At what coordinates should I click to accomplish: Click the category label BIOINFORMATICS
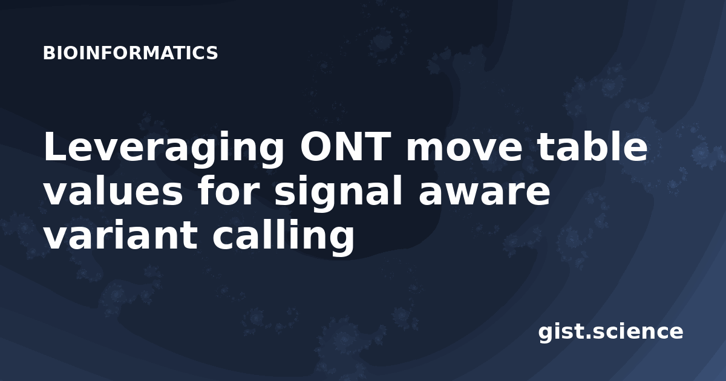click(130, 53)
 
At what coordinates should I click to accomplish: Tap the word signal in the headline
click(338, 194)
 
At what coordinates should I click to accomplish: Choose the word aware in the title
click(484, 194)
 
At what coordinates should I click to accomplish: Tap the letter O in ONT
click(315, 147)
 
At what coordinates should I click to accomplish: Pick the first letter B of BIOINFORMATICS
click(48, 53)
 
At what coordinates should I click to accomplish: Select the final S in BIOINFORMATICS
click(212, 53)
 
